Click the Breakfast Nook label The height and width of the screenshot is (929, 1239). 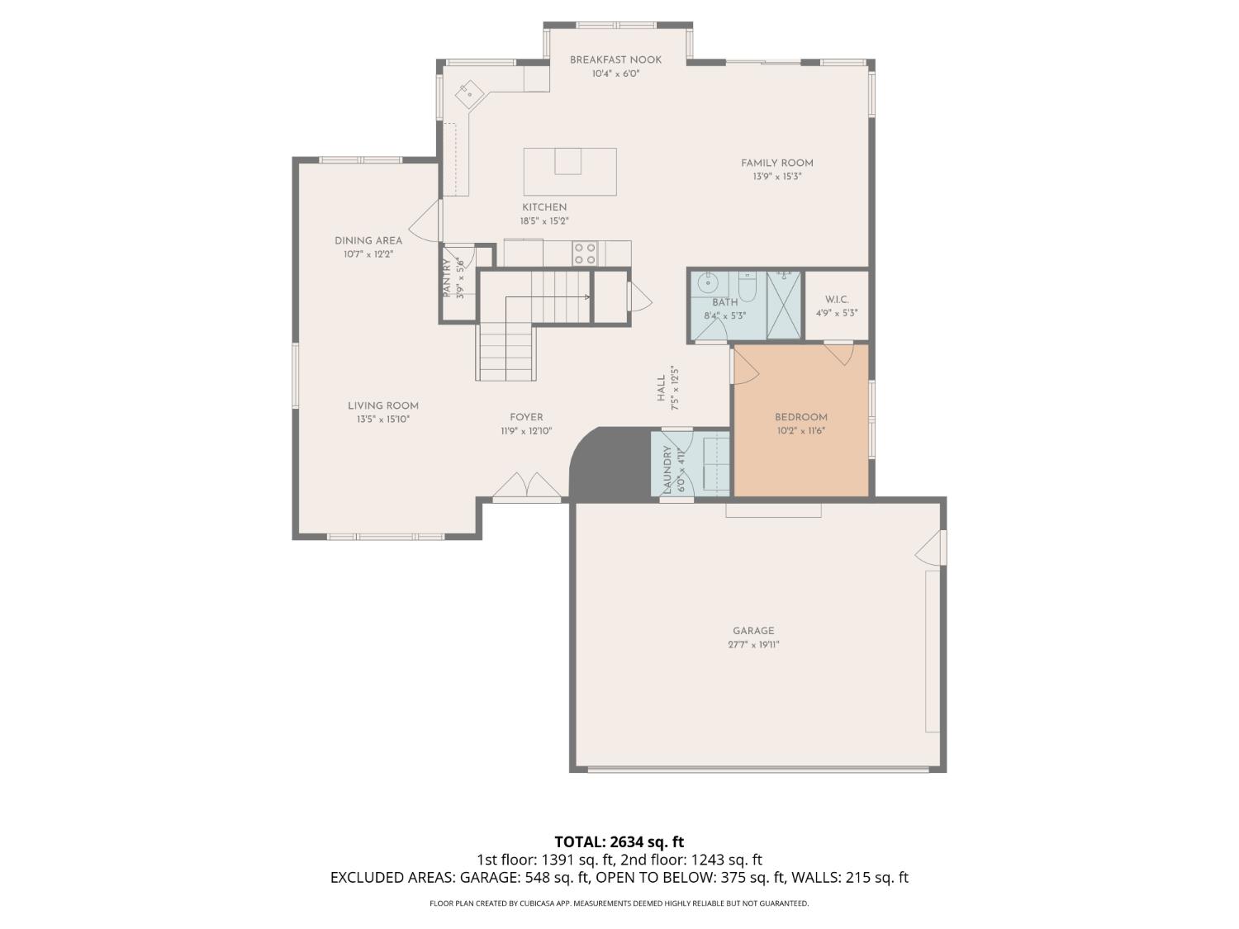pos(615,59)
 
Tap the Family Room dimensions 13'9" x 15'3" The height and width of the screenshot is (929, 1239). pos(776,177)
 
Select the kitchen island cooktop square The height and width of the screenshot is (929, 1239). pos(567,161)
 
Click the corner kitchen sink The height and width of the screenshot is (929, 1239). pos(469,94)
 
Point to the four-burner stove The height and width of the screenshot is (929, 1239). pos(585,254)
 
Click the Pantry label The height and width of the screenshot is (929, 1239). pos(447,278)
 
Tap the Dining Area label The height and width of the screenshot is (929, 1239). pos(368,241)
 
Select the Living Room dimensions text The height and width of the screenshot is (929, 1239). pos(382,419)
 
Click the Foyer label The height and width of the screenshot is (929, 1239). pos(526,417)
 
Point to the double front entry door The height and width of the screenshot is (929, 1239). pos(527,486)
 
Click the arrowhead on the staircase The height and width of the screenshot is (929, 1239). pos(587,297)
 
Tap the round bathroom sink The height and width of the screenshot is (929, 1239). pos(705,282)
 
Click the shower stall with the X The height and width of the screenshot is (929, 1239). pos(784,306)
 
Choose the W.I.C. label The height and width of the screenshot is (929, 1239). pos(837,300)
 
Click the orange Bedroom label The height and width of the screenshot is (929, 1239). pos(801,417)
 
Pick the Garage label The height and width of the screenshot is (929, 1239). pos(753,631)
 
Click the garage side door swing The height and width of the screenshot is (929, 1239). pos(931,547)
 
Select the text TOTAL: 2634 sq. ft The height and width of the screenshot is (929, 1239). pos(619,842)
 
